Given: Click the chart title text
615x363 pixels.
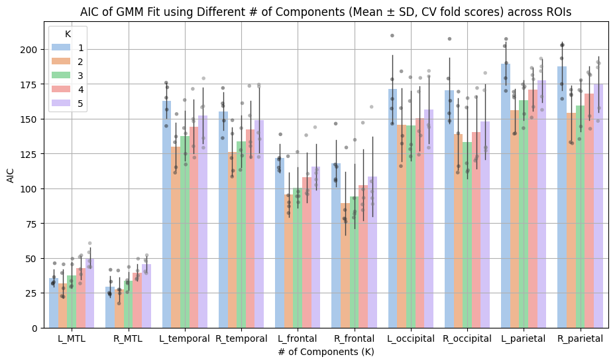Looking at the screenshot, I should [x=326, y=11].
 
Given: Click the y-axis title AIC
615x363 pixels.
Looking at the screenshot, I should [x=11, y=175].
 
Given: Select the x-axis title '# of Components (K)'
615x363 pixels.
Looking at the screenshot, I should [x=326, y=352].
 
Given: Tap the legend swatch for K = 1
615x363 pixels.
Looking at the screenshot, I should [x=60, y=48].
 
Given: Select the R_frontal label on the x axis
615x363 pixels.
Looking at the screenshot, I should [x=354, y=338].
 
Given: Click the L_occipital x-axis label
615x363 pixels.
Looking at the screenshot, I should [x=411, y=338].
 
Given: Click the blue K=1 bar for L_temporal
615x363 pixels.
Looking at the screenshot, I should [x=166, y=219].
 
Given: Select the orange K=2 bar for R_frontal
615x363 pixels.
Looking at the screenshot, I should [x=345, y=265].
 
